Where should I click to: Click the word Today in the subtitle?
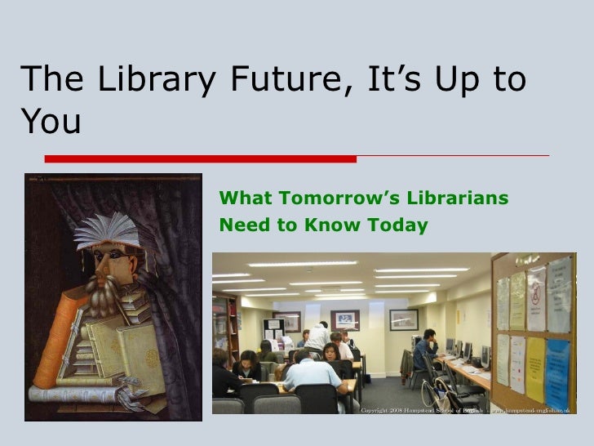[x=399, y=225]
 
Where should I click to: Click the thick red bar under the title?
[x=200, y=158]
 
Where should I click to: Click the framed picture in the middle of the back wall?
[x=344, y=319]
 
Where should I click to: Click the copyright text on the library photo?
[x=469, y=410]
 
